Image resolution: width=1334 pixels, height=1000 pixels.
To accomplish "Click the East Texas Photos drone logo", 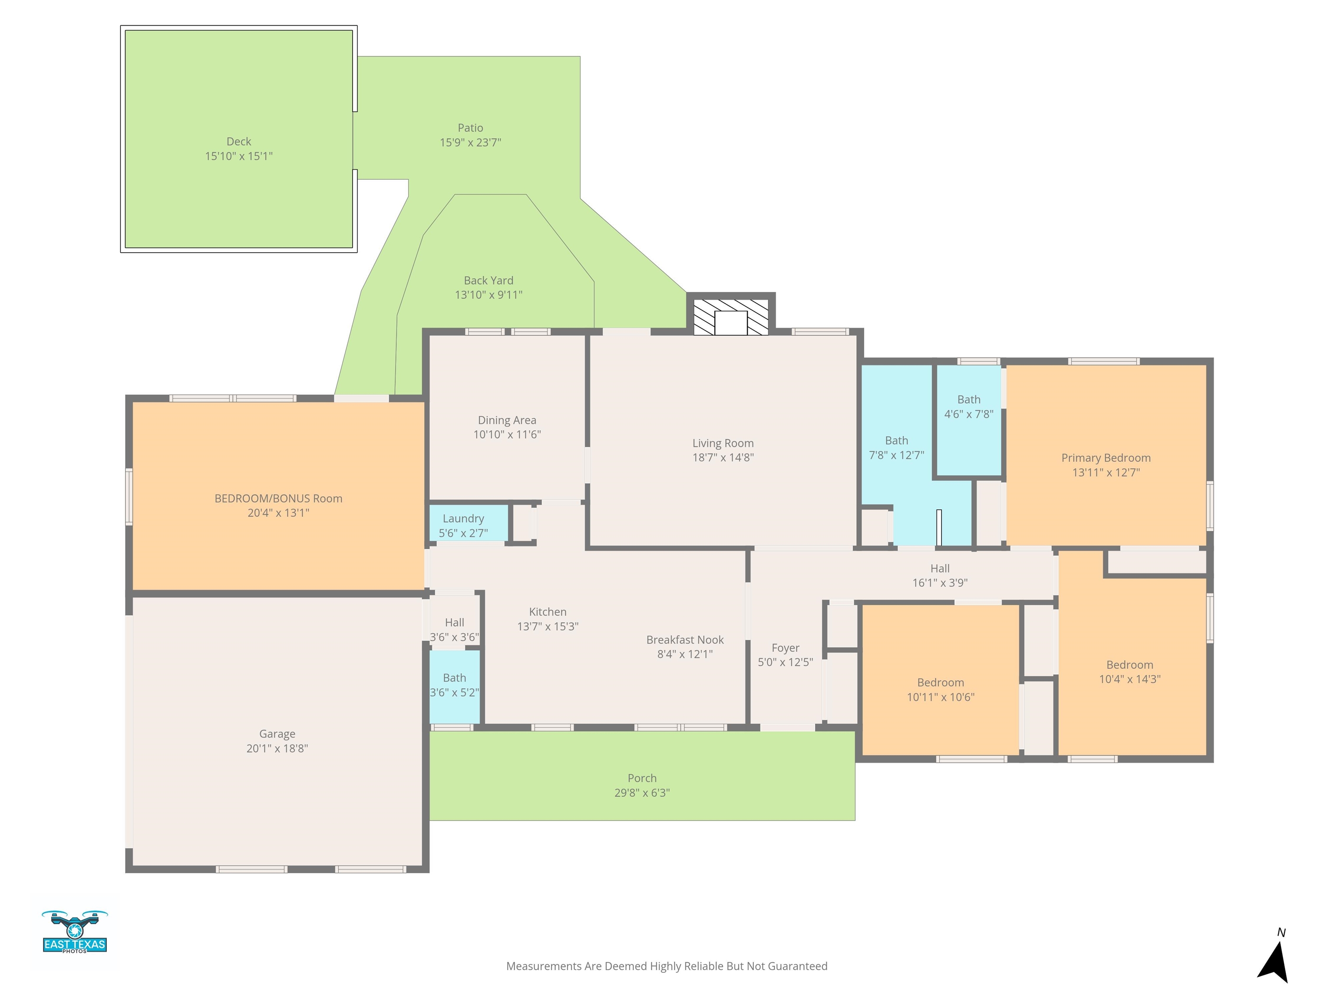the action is click(75, 932).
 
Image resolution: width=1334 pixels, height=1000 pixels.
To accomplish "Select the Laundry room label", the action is click(463, 518).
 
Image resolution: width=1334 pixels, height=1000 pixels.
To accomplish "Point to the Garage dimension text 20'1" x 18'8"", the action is click(277, 748).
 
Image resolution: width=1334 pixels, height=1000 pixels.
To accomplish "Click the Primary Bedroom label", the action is click(1106, 458).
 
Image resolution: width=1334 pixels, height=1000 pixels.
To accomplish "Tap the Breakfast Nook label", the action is click(685, 640).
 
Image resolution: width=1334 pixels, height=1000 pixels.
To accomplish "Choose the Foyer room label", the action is click(785, 648).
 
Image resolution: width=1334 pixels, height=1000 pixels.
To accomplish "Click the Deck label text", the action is click(239, 141).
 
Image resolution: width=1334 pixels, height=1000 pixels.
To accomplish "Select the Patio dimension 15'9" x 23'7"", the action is click(470, 142).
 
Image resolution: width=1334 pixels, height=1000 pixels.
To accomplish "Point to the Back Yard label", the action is click(489, 280).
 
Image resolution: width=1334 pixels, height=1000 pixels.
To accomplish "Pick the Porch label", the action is click(642, 778).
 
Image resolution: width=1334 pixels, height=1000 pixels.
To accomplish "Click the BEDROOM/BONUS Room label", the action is click(279, 499).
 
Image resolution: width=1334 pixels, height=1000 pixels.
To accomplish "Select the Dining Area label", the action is click(507, 420).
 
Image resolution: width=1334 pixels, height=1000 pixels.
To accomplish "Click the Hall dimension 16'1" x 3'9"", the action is click(940, 583).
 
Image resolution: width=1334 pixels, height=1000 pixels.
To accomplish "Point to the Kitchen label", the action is click(548, 612).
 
